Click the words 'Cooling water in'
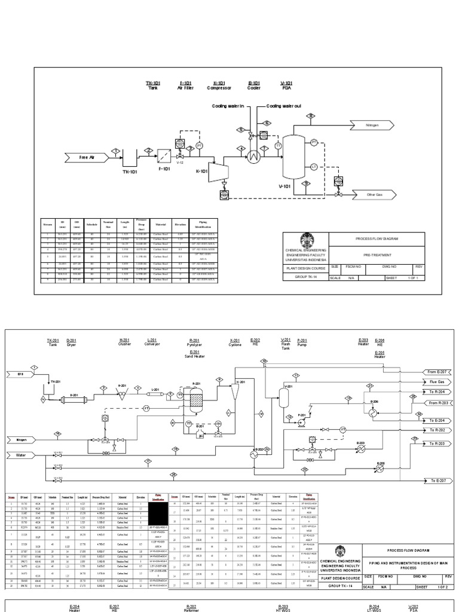click(x=228, y=106)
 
